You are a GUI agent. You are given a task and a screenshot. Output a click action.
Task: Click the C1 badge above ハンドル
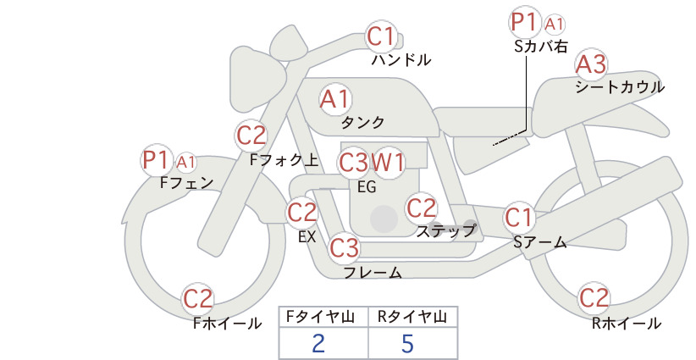coord(381,36)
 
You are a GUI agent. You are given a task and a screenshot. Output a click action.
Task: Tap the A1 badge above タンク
coord(334,99)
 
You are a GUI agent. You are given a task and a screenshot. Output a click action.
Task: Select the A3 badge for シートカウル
coord(590,64)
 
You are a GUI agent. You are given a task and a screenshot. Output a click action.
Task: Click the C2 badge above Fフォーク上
coord(251,135)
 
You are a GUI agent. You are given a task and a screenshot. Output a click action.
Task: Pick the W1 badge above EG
coord(389,162)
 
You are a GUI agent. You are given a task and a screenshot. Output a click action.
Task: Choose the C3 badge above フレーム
coord(345,248)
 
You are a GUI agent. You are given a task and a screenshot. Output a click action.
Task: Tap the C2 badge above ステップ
coord(421,207)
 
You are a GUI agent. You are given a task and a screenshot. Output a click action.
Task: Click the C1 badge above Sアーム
coord(518,217)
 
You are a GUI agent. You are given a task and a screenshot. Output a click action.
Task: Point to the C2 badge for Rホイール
coord(594,298)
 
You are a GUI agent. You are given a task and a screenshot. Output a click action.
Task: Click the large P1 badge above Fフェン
coord(157,159)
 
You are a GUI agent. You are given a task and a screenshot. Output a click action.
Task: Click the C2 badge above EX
coord(302,212)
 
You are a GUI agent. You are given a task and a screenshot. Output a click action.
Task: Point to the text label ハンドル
coord(401,60)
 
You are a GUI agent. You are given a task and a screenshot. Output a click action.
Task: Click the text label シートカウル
coord(619,86)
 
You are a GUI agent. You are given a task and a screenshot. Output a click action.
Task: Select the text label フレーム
coord(373,272)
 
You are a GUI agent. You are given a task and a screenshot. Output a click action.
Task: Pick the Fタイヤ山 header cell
coord(323,317)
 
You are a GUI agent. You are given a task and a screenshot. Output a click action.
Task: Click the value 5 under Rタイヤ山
coord(408,343)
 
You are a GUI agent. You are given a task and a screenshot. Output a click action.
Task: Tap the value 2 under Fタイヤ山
coord(318,343)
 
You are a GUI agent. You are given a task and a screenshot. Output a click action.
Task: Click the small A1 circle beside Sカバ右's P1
coord(554,24)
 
